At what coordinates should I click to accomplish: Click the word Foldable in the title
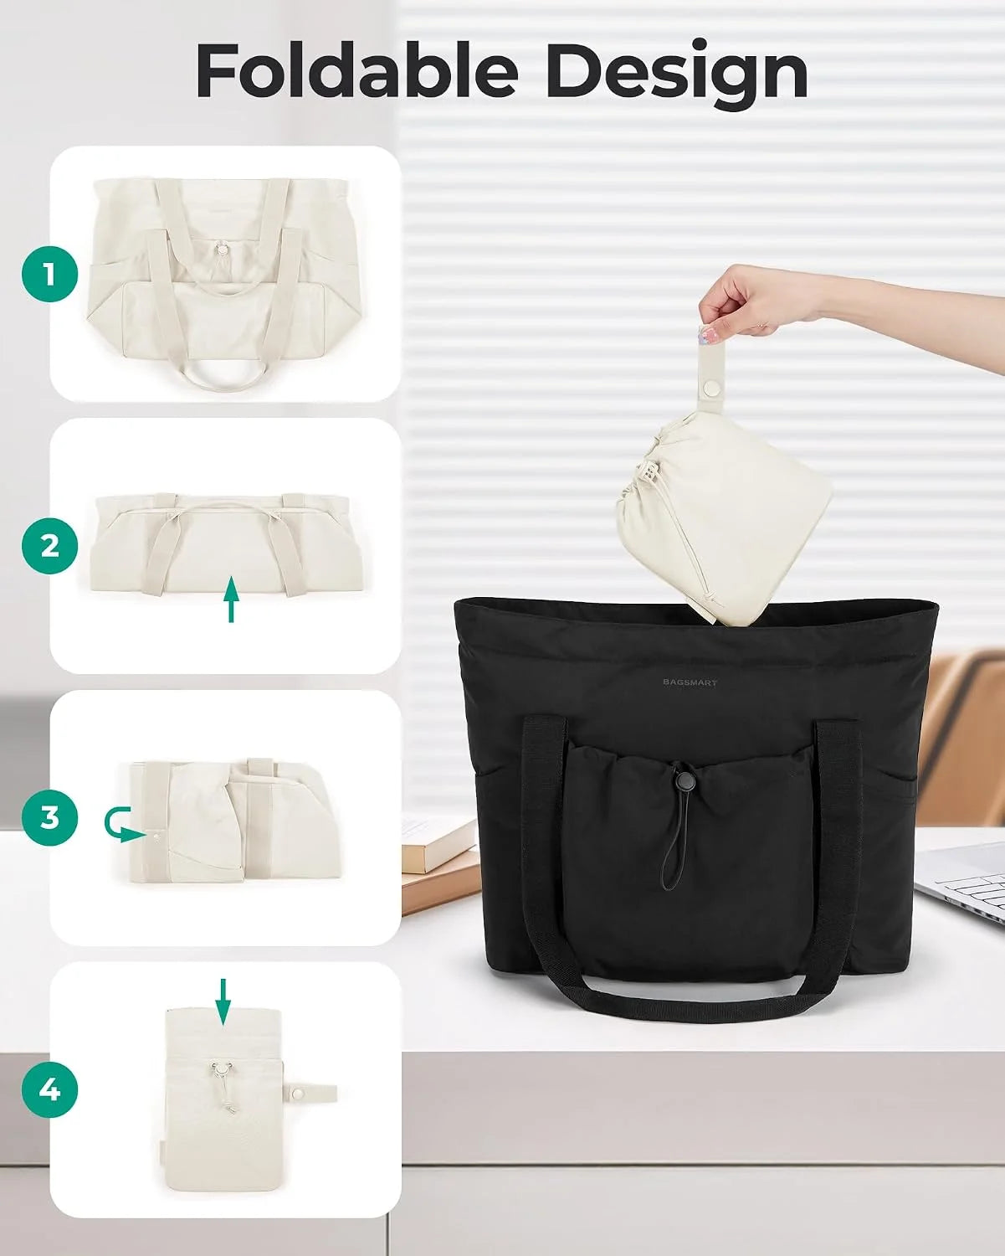357,70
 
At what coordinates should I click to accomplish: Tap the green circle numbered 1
49,274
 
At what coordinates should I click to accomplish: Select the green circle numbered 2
49,546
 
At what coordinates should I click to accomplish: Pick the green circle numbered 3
49,818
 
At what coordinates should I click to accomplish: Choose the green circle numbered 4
49,1089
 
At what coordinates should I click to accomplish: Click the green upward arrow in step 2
232,600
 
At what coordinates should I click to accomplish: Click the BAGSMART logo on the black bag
690,682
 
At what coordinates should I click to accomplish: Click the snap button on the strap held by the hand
711,386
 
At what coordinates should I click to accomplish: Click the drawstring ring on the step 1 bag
223,249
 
